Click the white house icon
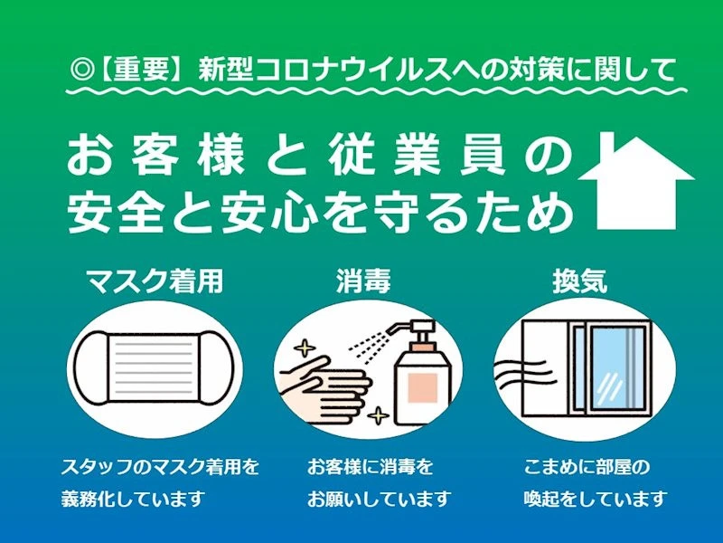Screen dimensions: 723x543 tap(636, 185)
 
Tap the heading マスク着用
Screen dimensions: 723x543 tap(155, 281)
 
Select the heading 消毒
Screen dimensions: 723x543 tap(363, 281)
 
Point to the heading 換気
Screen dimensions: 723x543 tap(579, 281)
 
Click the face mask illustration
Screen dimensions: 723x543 tap(155, 368)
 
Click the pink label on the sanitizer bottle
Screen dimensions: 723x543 tap(423, 388)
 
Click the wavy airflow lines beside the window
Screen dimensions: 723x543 tap(522, 373)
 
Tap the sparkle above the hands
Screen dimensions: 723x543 tap(305, 348)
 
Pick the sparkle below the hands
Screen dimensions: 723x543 tap(379, 415)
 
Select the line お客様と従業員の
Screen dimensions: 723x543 tap(319, 156)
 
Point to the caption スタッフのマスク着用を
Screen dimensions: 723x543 tap(160, 467)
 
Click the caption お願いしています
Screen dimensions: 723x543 tap(379, 499)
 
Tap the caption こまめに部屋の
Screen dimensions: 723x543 tap(587, 467)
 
